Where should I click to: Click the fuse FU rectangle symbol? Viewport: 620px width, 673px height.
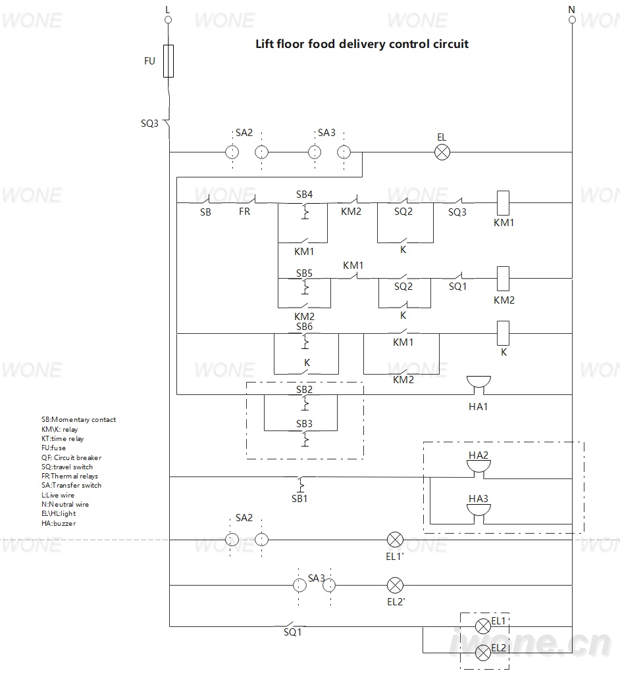click(x=168, y=61)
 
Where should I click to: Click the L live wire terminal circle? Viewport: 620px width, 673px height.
click(x=168, y=20)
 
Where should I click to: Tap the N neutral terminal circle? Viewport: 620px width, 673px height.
click(x=572, y=20)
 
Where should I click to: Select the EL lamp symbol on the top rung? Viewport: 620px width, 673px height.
click(x=442, y=152)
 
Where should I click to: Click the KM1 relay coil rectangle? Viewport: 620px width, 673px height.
click(x=503, y=203)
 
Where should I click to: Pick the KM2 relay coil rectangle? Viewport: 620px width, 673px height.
click(x=503, y=279)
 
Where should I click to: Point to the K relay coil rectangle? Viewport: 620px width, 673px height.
click(x=503, y=333)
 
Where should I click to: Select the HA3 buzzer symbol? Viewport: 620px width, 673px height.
click(x=478, y=514)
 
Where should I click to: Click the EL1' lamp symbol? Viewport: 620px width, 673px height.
click(x=395, y=540)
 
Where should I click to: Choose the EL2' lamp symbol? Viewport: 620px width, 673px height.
click(x=395, y=586)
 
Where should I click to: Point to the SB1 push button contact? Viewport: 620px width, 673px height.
click(x=301, y=484)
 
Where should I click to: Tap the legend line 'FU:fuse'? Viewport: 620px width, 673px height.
click(x=54, y=448)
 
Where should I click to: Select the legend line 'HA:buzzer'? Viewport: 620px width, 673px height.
click(x=59, y=523)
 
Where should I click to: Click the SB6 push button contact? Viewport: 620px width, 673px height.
click(x=305, y=341)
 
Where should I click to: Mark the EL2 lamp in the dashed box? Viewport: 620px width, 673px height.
click(x=483, y=654)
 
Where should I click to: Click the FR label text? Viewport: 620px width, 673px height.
click(x=244, y=212)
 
